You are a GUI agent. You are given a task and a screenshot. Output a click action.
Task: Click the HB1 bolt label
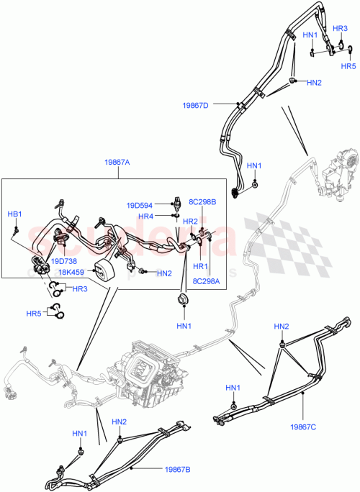pos(14,214)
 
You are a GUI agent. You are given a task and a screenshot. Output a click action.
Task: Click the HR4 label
pos(146,217)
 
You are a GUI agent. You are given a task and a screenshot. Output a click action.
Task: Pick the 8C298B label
pos(202,203)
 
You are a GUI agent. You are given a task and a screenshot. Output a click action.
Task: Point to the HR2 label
pos(191,221)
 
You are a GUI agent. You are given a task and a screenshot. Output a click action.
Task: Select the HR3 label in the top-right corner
pos(341,28)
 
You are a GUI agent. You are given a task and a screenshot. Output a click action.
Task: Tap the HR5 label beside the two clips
pos(34,313)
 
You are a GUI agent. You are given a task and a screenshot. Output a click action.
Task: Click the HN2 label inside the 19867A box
pos(164,273)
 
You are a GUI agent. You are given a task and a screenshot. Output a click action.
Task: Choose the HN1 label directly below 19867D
pos(254,166)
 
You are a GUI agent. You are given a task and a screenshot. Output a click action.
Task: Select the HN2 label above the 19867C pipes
pos(281,327)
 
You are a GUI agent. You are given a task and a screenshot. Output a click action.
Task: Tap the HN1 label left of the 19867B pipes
pos(79,434)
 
